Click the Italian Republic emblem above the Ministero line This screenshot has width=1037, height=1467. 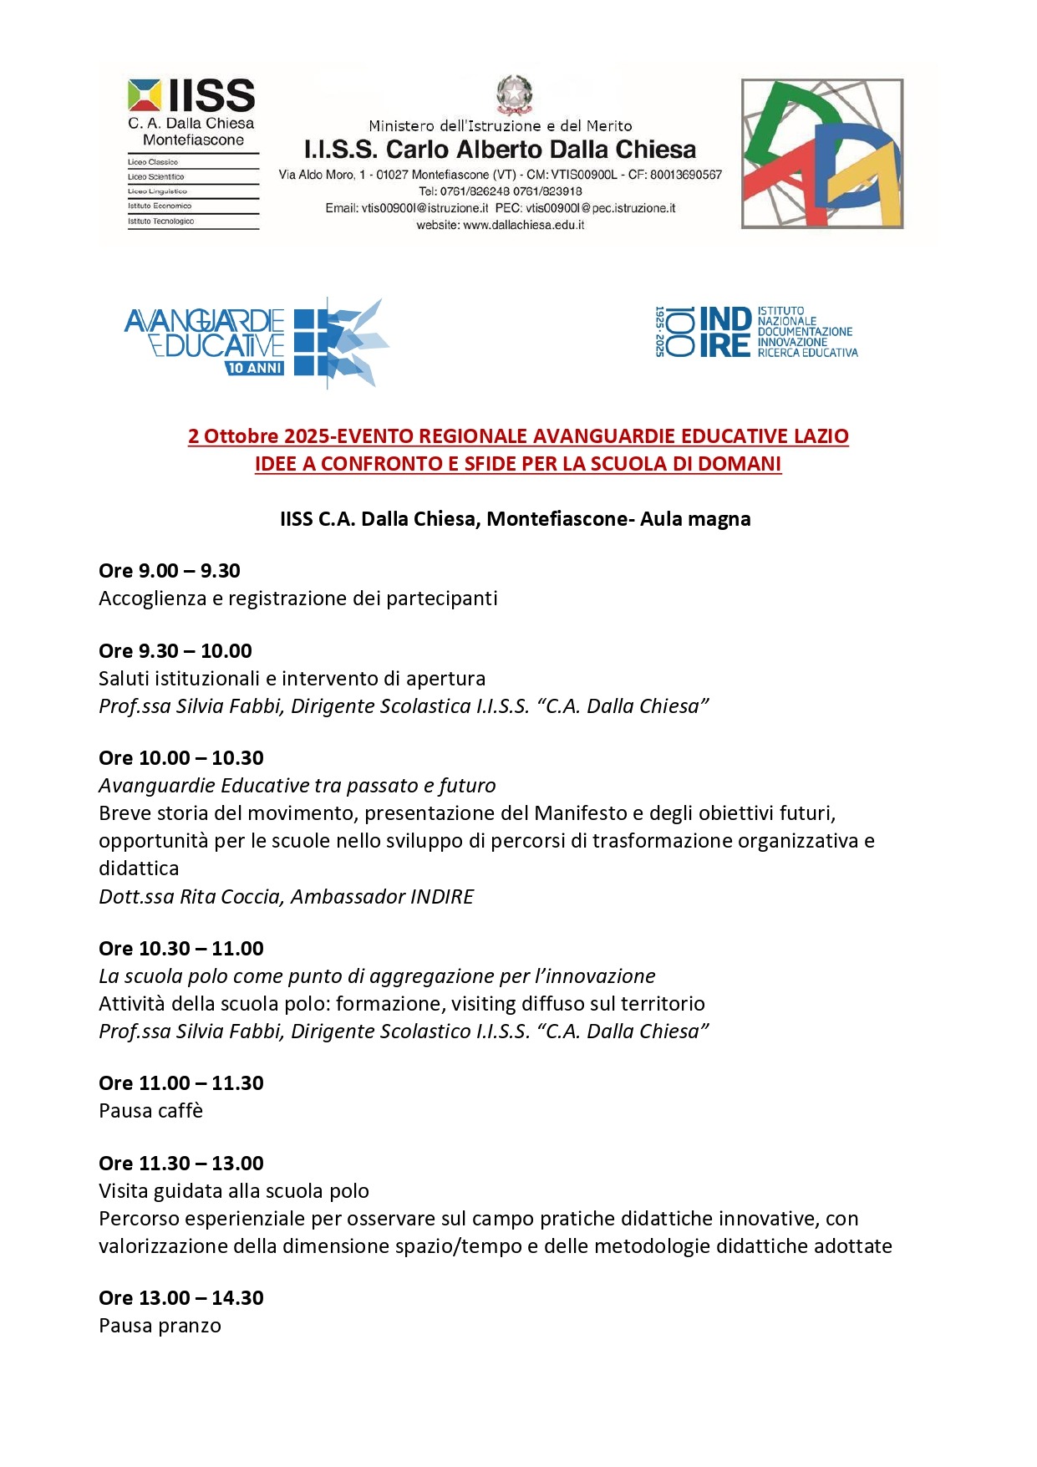tap(514, 94)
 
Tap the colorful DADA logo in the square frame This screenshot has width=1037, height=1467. tap(822, 154)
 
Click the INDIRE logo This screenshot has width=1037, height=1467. tap(756, 332)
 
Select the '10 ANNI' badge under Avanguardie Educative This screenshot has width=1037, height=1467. tap(255, 368)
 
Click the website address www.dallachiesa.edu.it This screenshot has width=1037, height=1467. tap(500, 225)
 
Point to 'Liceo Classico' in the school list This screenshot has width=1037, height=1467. tap(153, 162)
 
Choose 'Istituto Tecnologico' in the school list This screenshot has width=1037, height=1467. tap(161, 222)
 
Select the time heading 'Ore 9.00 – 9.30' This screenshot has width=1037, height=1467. tap(170, 571)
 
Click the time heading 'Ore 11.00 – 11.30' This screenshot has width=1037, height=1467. tap(181, 1083)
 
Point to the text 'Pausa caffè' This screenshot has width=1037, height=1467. tap(151, 1111)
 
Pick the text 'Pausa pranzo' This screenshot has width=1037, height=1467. tap(160, 1326)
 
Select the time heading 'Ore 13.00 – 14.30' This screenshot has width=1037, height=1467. tap(181, 1298)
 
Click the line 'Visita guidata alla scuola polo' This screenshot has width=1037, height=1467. tap(234, 1191)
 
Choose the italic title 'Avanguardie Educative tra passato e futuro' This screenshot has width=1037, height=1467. tap(297, 786)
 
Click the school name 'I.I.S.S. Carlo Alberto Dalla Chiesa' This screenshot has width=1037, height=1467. tap(500, 150)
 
